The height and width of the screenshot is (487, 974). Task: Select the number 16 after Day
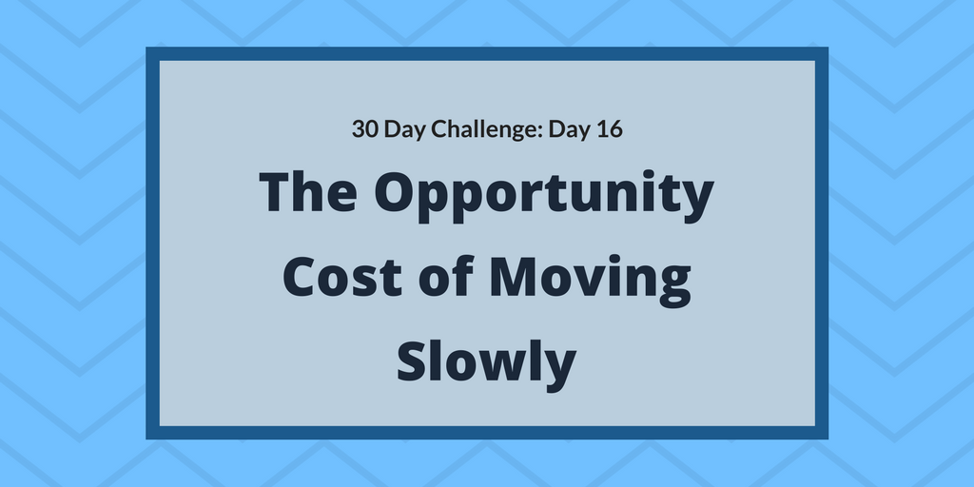pyautogui.click(x=609, y=129)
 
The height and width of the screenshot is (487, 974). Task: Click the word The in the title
pyautogui.click(x=307, y=194)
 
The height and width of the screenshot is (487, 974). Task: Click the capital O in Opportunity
pyautogui.click(x=398, y=195)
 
